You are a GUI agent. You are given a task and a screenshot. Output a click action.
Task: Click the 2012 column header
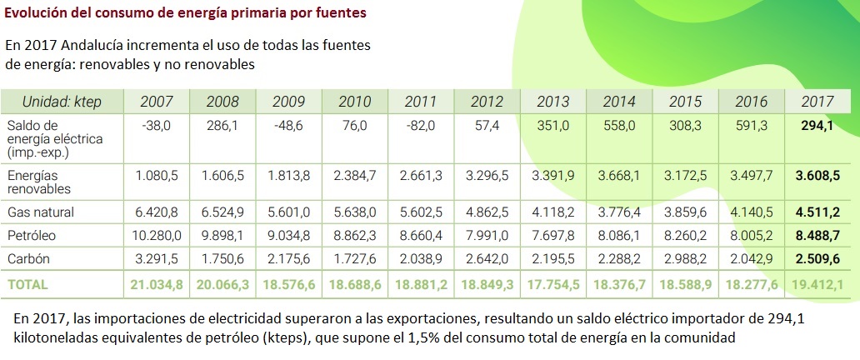click(487, 102)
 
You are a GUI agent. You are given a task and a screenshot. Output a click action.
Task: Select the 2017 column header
click(817, 102)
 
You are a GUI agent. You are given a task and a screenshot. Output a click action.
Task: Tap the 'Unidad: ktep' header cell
click(62, 102)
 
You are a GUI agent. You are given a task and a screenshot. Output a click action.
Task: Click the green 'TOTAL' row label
click(28, 283)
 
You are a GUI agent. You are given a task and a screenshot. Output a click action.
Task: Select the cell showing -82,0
click(421, 125)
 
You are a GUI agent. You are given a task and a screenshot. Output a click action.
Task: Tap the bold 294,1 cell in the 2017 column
click(817, 125)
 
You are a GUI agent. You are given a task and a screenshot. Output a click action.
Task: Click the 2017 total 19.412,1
click(816, 283)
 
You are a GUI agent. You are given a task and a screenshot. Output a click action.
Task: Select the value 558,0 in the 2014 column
click(619, 125)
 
